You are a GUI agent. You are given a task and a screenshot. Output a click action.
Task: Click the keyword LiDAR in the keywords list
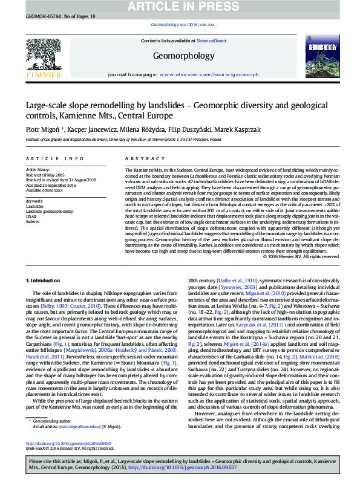coord(31,215)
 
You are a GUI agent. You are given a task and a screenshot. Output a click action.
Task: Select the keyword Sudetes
coord(33,221)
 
